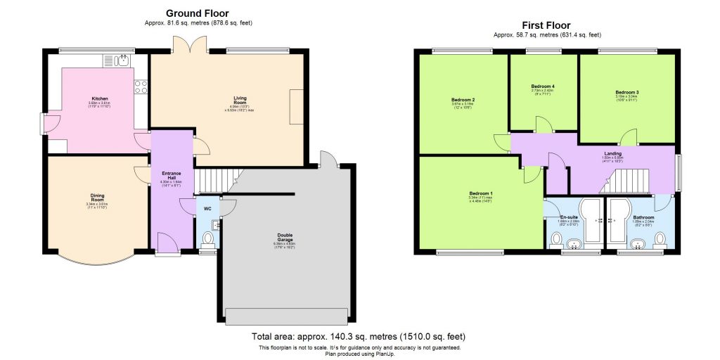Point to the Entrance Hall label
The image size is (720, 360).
(x=171, y=174)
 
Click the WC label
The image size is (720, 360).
(x=207, y=209)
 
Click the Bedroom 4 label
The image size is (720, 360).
(x=543, y=86)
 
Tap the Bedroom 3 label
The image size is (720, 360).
(x=626, y=92)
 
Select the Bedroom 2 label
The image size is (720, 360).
(x=463, y=100)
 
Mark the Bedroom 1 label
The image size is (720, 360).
(x=482, y=193)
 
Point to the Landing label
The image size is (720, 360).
(x=613, y=153)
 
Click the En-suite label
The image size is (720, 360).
(x=569, y=217)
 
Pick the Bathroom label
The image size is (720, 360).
(x=643, y=217)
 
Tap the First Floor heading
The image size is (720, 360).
(x=546, y=25)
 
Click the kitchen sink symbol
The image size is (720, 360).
(x=124, y=60)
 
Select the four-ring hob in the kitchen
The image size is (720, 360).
(x=141, y=86)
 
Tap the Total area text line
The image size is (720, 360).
(x=359, y=337)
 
